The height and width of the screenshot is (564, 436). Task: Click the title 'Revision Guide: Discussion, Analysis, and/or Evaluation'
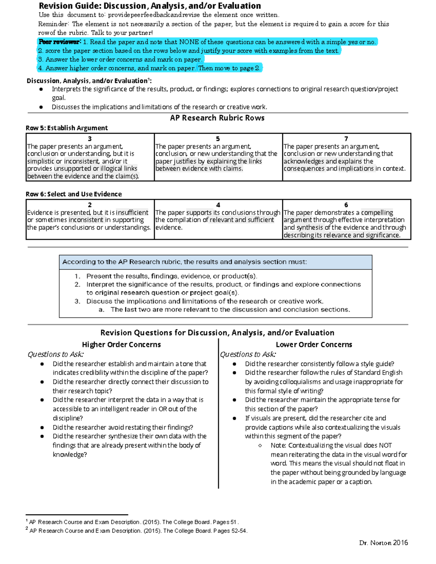pyautogui.click(x=150, y=6)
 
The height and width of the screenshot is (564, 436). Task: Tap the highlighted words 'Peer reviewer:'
pyautogui.click(x=60, y=42)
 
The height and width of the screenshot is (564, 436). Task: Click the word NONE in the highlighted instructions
pyautogui.click(x=189, y=42)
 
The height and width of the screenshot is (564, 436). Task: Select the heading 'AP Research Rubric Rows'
pyautogui.click(x=217, y=118)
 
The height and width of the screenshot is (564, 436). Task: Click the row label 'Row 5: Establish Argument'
pyautogui.click(x=66, y=128)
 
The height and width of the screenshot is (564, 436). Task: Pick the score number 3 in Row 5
pyautogui.click(x=90, y=139)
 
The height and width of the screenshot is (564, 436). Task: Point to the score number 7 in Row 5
pyautogui.click(x=346, y=139)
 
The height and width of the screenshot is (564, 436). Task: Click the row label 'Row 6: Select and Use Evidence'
pyautogui.click(x=73, y=194)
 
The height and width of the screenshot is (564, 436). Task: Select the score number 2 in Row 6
pyautogui.click(x=90, y=205)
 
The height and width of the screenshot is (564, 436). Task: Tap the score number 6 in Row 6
pyautogui.click(x=346, y=205)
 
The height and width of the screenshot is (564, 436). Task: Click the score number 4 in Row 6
pyautogui.click(x=218, y=205)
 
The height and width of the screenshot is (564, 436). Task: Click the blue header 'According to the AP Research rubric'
pyautogui.click(x=185, y=262)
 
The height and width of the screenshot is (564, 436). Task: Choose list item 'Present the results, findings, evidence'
pyautogui.click(x=171, y=276)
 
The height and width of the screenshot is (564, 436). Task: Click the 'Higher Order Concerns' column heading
pyautogui.click(x=121, y=344)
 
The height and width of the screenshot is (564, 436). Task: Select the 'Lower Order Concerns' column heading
pyautogui.click(x=314, y=344)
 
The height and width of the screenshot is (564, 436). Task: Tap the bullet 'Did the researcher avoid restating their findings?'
pyautogui.click(x=123, y=427)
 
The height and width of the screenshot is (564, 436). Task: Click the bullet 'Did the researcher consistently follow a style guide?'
pyautogui.click(x=319, y=364)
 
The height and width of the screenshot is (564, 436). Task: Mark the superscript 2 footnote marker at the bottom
pyautogui.click(x=27, y=529)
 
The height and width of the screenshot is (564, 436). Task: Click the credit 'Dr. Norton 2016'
pyautogui.click(x=383, y=543)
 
